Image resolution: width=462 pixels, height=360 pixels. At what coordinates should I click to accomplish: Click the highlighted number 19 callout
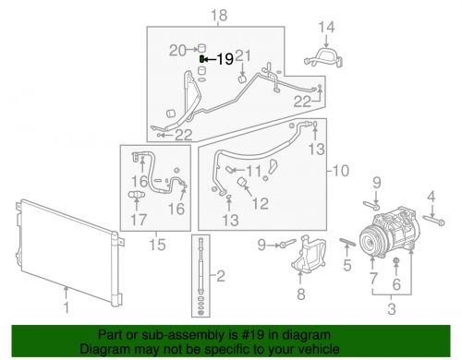[225, 59]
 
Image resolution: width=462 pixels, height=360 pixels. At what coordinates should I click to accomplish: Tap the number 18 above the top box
[219, 16]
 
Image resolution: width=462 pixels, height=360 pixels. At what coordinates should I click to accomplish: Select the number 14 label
[326, 27]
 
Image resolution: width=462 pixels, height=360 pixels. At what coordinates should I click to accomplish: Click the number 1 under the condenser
[67, 307]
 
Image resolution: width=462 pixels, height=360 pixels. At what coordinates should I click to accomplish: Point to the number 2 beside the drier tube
[221, 276]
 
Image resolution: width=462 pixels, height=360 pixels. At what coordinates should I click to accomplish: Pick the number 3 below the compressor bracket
[392, 308]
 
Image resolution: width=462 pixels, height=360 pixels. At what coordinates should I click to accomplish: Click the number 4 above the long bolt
[432, 196]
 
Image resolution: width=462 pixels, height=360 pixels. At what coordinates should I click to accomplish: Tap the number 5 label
[347, 265]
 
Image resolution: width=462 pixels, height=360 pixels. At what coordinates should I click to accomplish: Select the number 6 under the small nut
[396, 284]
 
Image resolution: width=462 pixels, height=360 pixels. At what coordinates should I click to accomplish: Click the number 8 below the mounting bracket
[301, 294]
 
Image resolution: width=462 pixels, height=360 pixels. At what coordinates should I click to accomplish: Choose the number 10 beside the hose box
[341, 171]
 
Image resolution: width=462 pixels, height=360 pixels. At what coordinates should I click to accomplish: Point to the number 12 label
[261, 203]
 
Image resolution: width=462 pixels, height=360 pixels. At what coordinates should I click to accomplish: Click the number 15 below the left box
[157, 245]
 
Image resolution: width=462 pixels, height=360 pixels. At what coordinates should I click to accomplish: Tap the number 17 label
[139, 220]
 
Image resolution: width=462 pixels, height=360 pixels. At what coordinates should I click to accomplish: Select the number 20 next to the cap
[177, 50]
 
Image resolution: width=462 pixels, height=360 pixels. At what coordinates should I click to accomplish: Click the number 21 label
[243, 55]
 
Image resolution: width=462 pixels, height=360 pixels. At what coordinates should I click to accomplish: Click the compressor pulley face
[371, 241]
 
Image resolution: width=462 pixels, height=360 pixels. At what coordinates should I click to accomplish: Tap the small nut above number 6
[396, 261]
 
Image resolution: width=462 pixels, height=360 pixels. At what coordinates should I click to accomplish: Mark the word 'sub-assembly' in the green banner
[177, 335]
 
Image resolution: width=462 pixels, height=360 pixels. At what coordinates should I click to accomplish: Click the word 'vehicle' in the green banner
[322, 349]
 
